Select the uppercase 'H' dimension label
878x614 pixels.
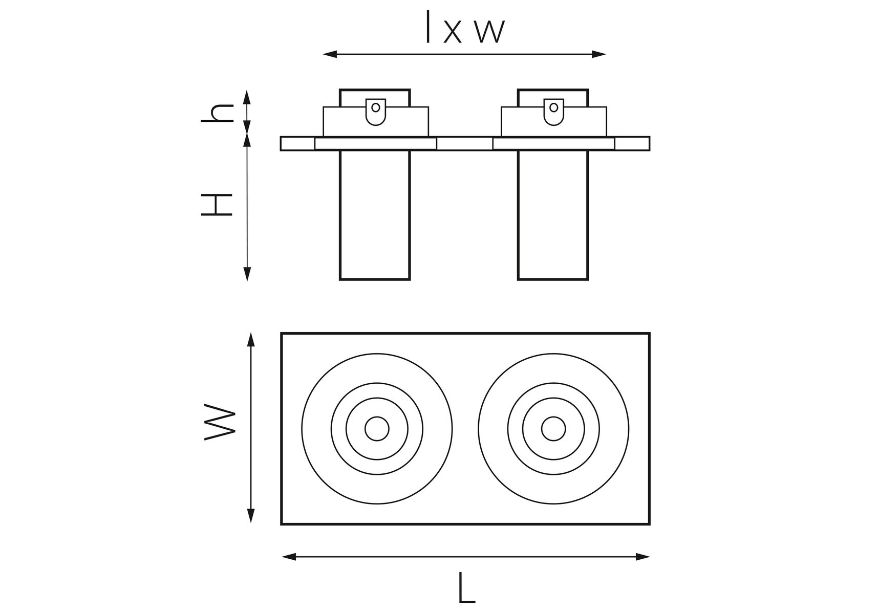tap(217, 205)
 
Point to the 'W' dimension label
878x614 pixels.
tap(220, 424)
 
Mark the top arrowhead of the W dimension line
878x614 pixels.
tap(251, 339)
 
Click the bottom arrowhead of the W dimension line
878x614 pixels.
tap(251, 516)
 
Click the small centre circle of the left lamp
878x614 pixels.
tap(377, 429)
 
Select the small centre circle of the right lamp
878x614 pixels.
tap(553, 429)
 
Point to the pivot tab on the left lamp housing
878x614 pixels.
tap(376, 111)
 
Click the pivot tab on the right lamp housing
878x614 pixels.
tap(553, 111)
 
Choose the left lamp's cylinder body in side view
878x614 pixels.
tap(375, 215)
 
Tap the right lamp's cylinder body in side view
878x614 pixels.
tap(553, 215)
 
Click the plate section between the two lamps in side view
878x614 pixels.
tap(464, 144)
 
